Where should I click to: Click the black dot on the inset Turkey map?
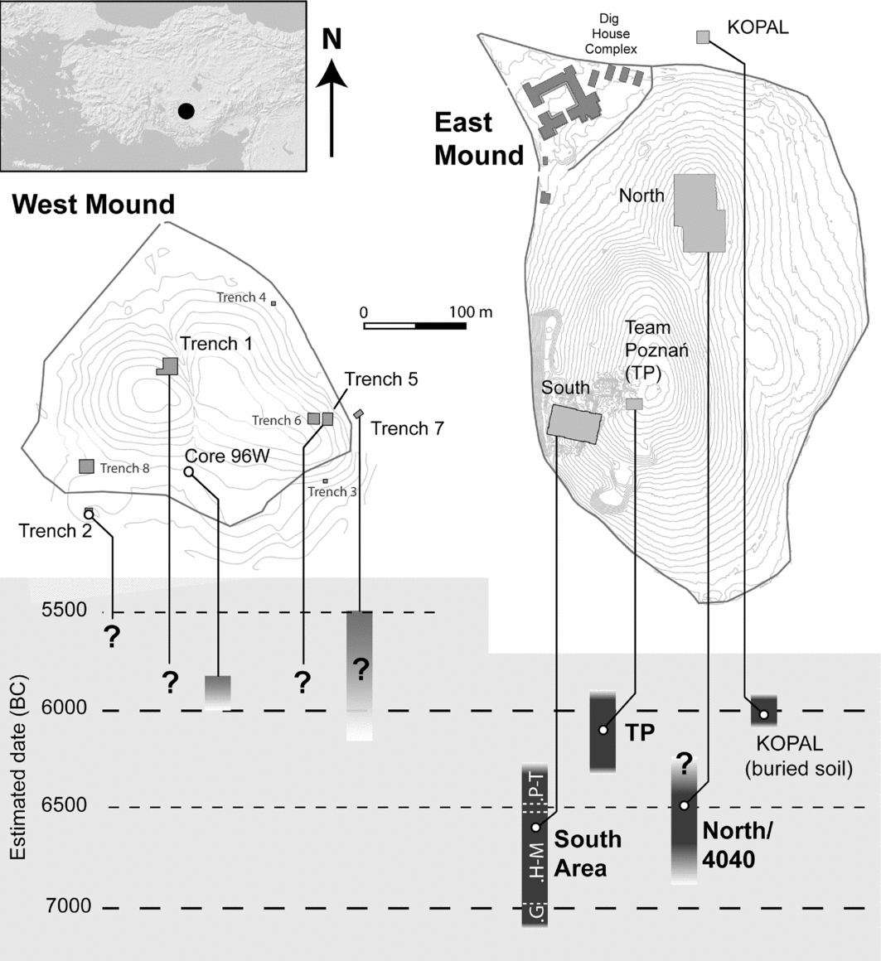186,111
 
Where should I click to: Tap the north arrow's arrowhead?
332,74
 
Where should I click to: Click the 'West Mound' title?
93,204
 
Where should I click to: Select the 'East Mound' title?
479,139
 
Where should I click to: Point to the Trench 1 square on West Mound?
168,366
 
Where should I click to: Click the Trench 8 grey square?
86,466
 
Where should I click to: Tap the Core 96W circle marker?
189,472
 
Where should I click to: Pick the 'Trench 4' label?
241,297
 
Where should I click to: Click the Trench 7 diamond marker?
359,413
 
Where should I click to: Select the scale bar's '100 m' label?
470,312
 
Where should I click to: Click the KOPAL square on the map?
703,37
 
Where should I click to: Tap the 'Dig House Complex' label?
611,34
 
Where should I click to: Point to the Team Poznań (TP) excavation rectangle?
634,404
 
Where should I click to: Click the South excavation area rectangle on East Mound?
574,423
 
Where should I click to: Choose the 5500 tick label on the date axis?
65,610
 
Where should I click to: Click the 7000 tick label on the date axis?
68,905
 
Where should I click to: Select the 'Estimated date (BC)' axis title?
17,766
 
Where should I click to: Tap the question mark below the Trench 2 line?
111,637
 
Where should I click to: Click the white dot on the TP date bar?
603,730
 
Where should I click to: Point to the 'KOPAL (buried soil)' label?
798,756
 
